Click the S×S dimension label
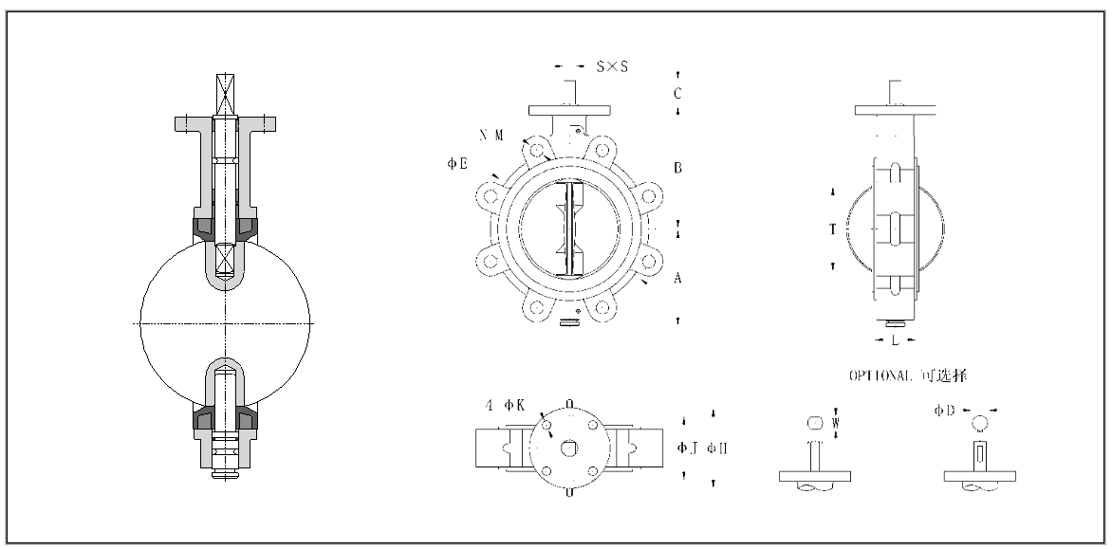tap(612, 66)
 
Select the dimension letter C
tap(677, 93)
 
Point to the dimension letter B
tap(677, 168)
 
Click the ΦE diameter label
tap(457, 164)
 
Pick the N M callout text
tap(491, 136)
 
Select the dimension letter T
tap(832, 229)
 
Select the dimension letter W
tap(835, 423)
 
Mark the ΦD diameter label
tap(943, 410)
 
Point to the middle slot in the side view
tap(894, 229)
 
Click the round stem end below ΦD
tap(980, 422)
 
